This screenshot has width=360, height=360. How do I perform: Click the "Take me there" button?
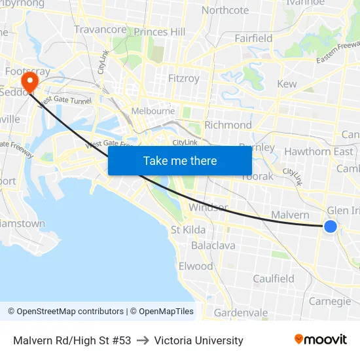pyautogui.click(x=180, y=160)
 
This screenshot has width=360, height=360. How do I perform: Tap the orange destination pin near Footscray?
pyautogui.click(x=30, y=81)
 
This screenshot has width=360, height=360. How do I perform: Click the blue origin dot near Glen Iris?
pyautogui.click(x=331, y=226)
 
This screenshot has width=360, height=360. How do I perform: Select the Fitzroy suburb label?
pyautogui.click(x=184, y=79)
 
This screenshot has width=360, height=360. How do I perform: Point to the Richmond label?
pyautogui.click(x=228, y=125)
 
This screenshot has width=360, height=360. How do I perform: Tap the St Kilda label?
pyautogui.click(x=188, y=230)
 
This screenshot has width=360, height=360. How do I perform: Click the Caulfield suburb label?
pyautogui.click(x=274, y=279)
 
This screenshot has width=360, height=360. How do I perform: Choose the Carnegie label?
pyautogui.click(x=330, y=301)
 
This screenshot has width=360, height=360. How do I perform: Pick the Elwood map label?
pyautogui.click(x=196, y=266)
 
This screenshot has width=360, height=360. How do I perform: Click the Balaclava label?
pyautogui.click(x=213, y=245)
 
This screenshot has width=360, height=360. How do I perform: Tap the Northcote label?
pyautogui.click(x=225, y=10)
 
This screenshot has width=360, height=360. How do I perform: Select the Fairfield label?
pyautogui.click(x=253, y=38)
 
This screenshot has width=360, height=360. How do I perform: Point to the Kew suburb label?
pyautogui.click(x=287, y=84)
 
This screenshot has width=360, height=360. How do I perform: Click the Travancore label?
pyautogui.click(x=100, y=29)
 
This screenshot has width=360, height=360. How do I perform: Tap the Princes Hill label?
pyautogui.click(x=160, y=31)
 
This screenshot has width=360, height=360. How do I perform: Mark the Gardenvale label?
pyautogui.click(x=241, y=313)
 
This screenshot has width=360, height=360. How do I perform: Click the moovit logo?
pyautogui.click(x=321, y=340)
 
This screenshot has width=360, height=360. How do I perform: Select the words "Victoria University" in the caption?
pyautogui.click(x=199, y=340)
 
